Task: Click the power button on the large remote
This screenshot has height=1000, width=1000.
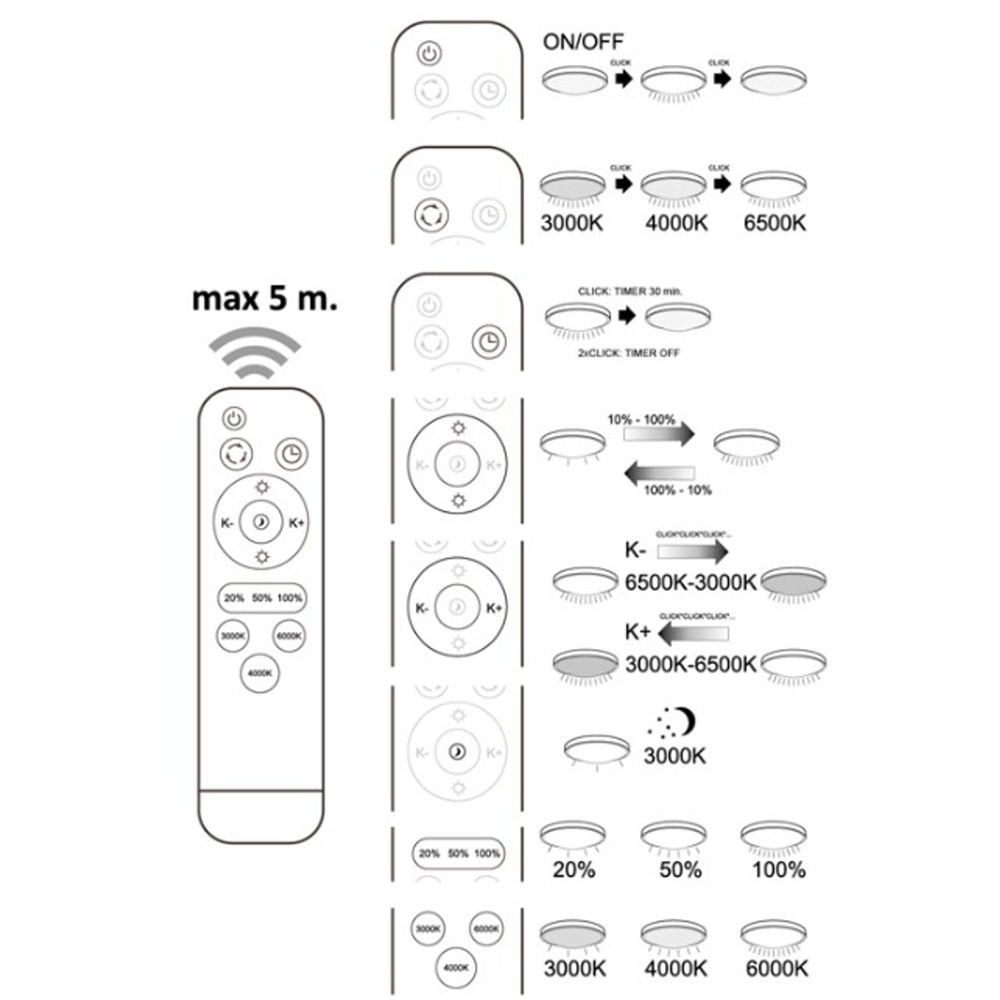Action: tap(234, 418)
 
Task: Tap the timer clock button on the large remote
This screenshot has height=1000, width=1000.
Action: tap(291, 454)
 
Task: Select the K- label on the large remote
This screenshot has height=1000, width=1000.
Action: tap(227, 523)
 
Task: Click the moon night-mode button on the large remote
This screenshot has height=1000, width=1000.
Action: tap(261, 523)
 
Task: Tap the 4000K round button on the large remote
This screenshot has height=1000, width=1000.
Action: tap(260, 673)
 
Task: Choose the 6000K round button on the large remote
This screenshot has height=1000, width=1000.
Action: tap(289, 635)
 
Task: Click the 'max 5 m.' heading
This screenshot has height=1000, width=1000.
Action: tap(264, 299)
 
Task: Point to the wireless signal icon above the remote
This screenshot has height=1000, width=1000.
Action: tap(254, 352)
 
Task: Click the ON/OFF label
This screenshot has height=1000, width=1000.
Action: tap(583, 42)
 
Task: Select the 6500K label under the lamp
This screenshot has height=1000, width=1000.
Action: tap(774, 223)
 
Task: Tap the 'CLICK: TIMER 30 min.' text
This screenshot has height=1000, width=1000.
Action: tap(630, 291)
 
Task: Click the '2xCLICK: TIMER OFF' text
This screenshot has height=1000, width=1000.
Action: tap(628, 353)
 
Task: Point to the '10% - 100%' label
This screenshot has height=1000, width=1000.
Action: tap(641, 419)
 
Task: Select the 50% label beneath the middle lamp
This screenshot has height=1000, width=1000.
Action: tap(680, 870)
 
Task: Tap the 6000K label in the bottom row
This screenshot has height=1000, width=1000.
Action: tap(776, 968)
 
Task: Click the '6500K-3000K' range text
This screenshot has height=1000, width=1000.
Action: tap(690, 583)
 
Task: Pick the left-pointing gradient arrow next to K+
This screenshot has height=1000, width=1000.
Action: tap(693, 633)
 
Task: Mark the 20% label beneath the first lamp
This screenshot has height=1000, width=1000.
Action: tap(573, 870)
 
